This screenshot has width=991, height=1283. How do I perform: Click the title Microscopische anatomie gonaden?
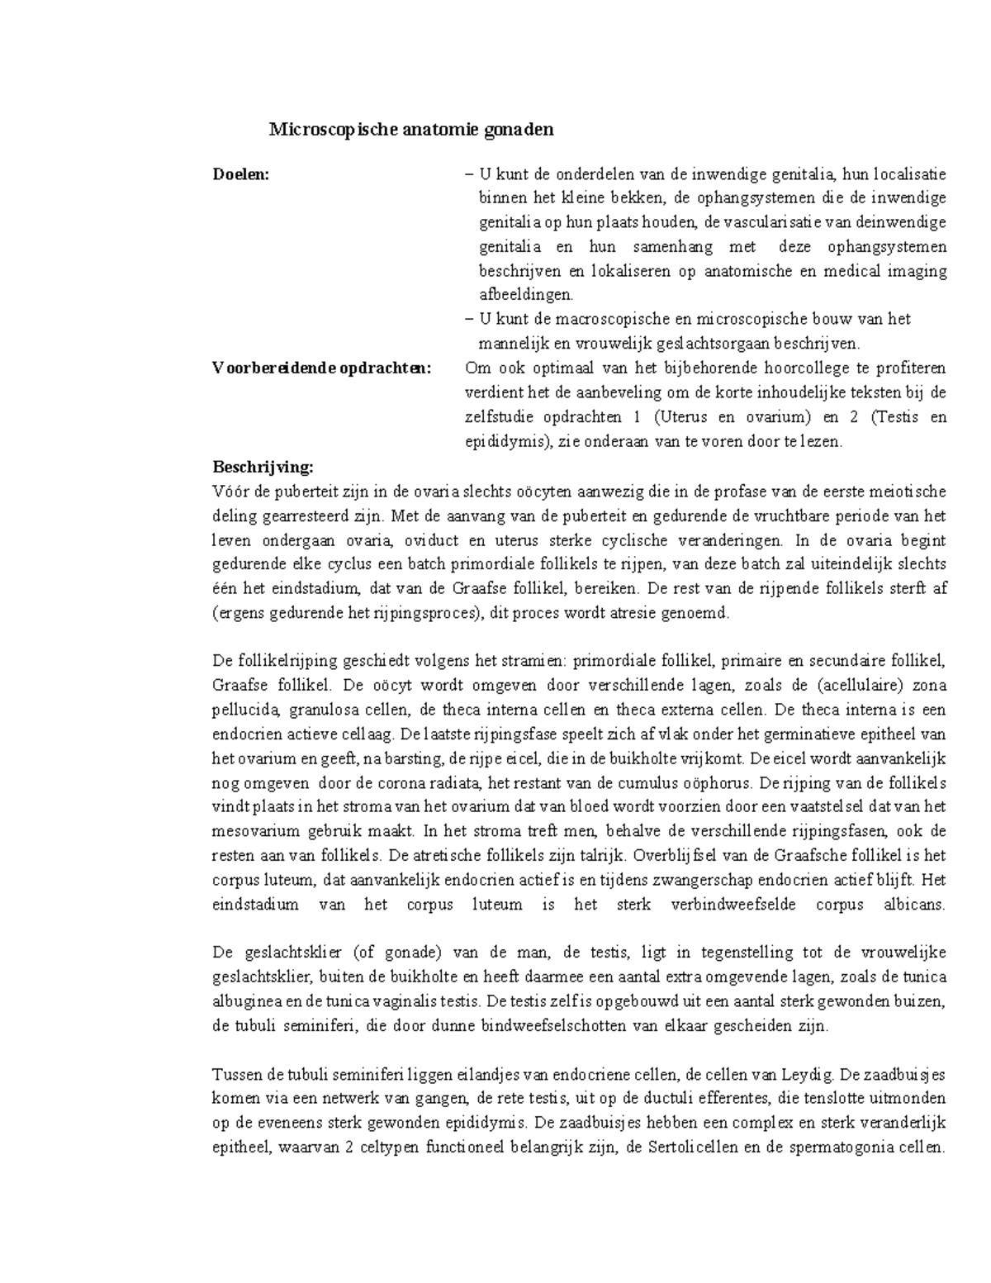(411, 130)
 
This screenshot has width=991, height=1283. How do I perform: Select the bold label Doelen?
(241, 174)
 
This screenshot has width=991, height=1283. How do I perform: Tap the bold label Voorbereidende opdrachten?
(322, 368)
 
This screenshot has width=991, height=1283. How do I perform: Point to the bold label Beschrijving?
(263, 467)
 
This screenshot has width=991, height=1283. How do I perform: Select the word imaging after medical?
(917, 271)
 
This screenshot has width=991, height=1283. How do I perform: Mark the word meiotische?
(907, 492)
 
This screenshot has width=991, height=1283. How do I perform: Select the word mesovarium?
(254, 831)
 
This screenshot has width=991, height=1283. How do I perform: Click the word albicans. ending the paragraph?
(912, 904)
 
